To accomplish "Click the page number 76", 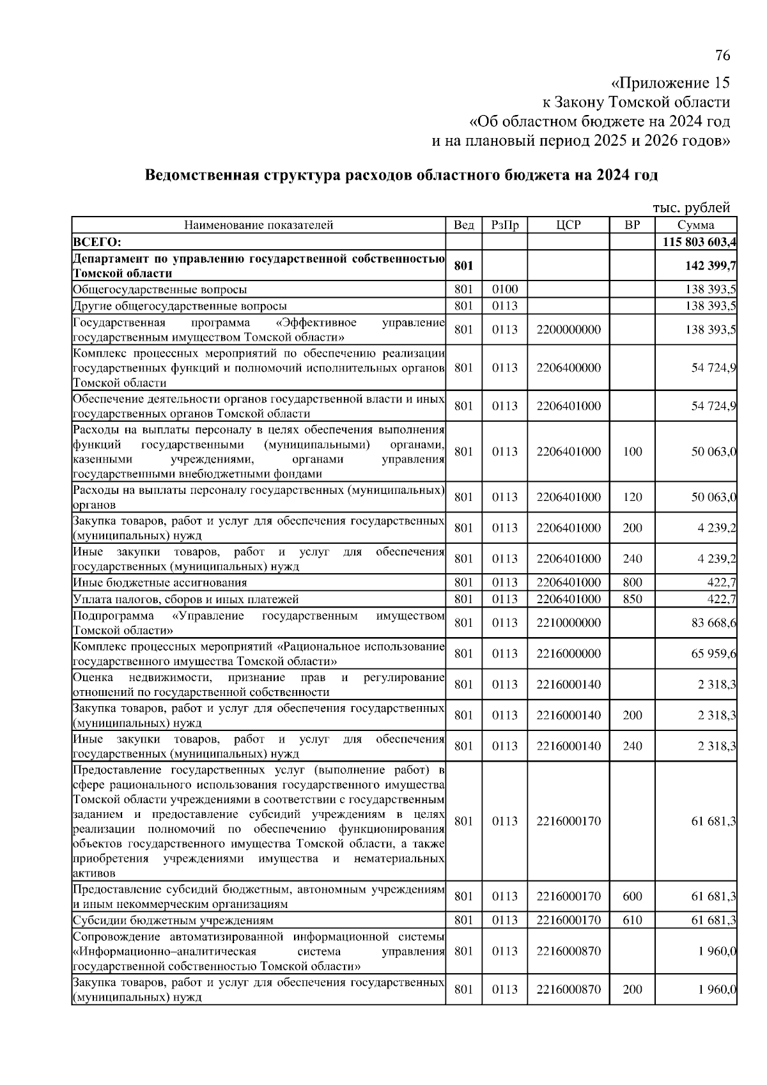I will click(x=722, y=56).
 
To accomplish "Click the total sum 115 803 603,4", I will click(x=700, y=242).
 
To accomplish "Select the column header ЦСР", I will click(x=568, y=225).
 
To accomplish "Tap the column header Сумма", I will click(x=696, y=225).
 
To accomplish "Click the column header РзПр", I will click(x=505, y=225).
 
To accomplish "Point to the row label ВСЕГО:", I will click(x=97, y=242).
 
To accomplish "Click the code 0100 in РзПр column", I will click(x=505, y=289).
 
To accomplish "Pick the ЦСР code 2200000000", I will click(x=568, y=330).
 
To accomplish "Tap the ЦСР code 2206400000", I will click(x=568, y=368).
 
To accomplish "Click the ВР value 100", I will click(x=632, y=452).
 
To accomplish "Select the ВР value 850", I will click(x=632, y=599).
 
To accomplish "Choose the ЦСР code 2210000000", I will click(x=568, y=623).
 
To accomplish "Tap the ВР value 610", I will click(x=632, y=920).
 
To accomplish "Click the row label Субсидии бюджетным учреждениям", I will click(x=173, y=920).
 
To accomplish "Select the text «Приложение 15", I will click(x=670, y=83).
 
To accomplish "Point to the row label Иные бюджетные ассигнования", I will click(x=160, y=582).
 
